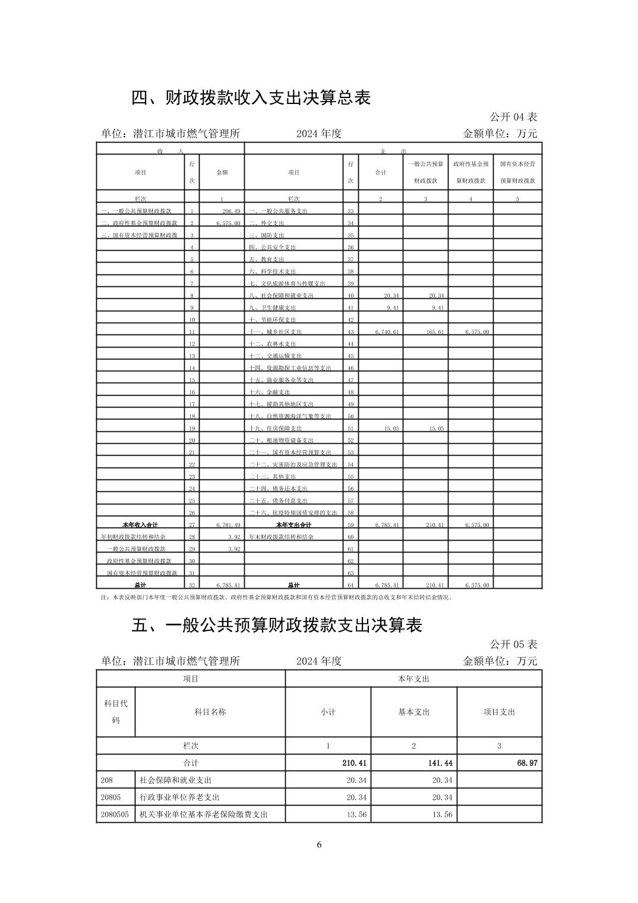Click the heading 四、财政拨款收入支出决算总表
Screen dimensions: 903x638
(251, 98)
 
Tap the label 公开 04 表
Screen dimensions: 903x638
(513, 117)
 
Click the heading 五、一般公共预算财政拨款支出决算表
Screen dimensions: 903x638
(276, 626)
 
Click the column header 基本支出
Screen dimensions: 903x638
(413, 712)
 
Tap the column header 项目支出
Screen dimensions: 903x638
(499, 712)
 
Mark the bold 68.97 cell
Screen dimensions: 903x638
(527, 763)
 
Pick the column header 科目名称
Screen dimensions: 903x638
(210, 712)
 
